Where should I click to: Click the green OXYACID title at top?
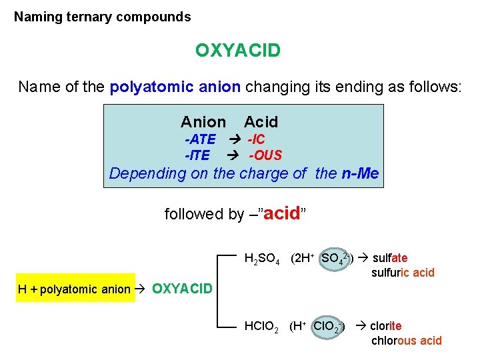237,50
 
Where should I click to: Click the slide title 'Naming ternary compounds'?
103,17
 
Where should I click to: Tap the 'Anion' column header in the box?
203,122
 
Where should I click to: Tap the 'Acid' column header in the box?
261,122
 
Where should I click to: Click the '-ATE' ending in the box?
200,139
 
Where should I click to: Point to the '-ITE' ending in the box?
197,155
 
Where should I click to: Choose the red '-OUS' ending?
265,155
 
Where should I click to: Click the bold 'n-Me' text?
359,174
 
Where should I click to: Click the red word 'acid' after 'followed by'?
283,213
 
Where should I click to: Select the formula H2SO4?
262,259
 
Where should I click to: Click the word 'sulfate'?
390,258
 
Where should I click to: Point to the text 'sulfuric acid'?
403,272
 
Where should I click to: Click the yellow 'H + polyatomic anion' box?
74,289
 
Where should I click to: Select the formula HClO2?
262,327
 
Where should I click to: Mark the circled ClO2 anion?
328,327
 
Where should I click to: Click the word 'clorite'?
386,326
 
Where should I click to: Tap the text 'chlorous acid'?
407,341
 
